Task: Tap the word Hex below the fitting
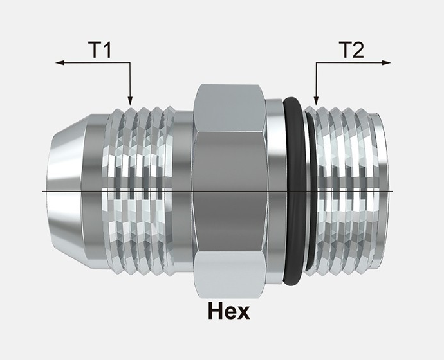pos(228,311)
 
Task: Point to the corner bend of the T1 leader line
pos(130,63)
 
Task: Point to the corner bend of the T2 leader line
pos(315,63)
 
